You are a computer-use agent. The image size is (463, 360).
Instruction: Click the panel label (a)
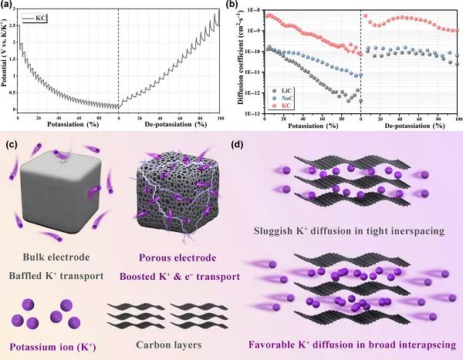pyautogui.click(x=7, y=5)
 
